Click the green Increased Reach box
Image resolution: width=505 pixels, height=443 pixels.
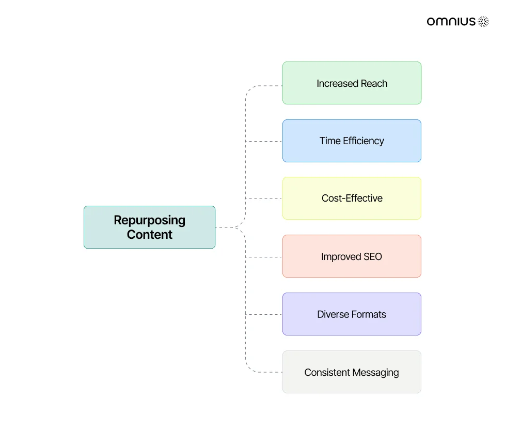(x=352, y=83)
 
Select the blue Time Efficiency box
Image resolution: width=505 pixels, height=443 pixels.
(x=352, y=141)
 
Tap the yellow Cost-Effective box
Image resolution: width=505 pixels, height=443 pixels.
(x=352, y=198)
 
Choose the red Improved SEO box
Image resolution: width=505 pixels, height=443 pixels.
(x=352, y=256)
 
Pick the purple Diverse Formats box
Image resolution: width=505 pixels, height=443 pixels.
(x=352, y=314)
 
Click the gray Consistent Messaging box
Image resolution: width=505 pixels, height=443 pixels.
(x=352, y=372)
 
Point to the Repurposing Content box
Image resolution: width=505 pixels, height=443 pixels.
(x=149, y=227)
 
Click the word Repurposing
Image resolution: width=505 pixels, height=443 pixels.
(x=149, y=221)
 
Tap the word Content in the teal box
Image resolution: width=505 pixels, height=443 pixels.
(x=149, y=234)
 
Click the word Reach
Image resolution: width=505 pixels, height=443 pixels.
(x=374, y=84)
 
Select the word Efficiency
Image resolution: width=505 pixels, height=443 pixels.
(x=364, y=141)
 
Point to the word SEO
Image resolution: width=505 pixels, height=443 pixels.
(x=373, y=256)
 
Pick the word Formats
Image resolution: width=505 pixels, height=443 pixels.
(x=369, y=314)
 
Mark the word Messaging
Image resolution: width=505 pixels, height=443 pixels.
(x=375, y=373)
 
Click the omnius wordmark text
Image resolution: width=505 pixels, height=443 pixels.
(x=451, y=22)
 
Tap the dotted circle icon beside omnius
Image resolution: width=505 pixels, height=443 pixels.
(x=483, y=22)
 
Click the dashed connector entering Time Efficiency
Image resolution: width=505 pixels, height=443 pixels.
(x=264, y=141)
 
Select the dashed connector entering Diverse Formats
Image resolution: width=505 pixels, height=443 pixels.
(x=264, y=314)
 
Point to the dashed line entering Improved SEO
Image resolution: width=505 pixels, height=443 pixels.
(x=264, y=257)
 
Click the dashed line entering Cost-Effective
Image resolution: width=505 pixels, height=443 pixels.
(x=264, y=198)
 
